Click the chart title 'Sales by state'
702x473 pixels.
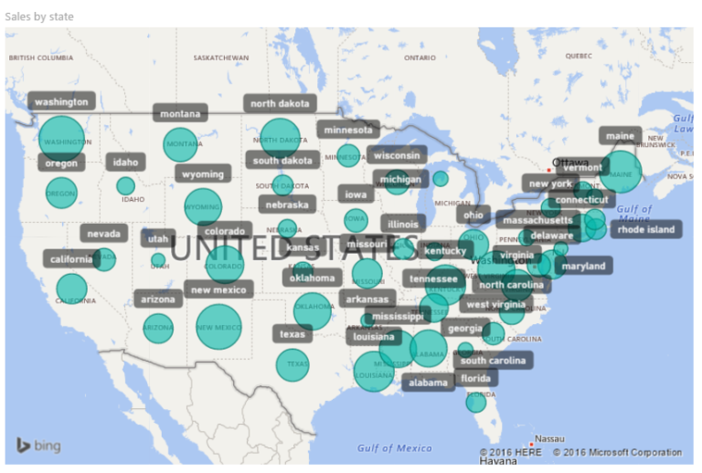tap(39, 16)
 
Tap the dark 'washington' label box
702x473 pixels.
tap(61, 102)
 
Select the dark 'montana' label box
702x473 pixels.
tap(180, 114)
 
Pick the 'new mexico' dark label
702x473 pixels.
tap(217, 290)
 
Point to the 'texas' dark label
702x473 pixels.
tap(292, 334)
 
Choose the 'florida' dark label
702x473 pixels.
tap(475, 379)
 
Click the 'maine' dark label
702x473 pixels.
tap(620, 137)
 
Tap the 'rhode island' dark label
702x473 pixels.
tap(645, 229)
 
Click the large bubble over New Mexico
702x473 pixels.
tap(218, 327)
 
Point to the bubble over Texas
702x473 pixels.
tap(292, 365)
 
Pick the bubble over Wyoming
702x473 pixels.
tap(203, 207)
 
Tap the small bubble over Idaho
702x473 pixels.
tap(125, 186)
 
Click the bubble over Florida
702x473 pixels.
tap(476, 402)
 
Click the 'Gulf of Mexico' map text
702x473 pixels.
tap(395, 447)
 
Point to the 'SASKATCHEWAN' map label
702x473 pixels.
tap(220, 58)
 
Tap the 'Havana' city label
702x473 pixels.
tap(498, 461)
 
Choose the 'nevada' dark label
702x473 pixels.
tap(103, 234)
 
